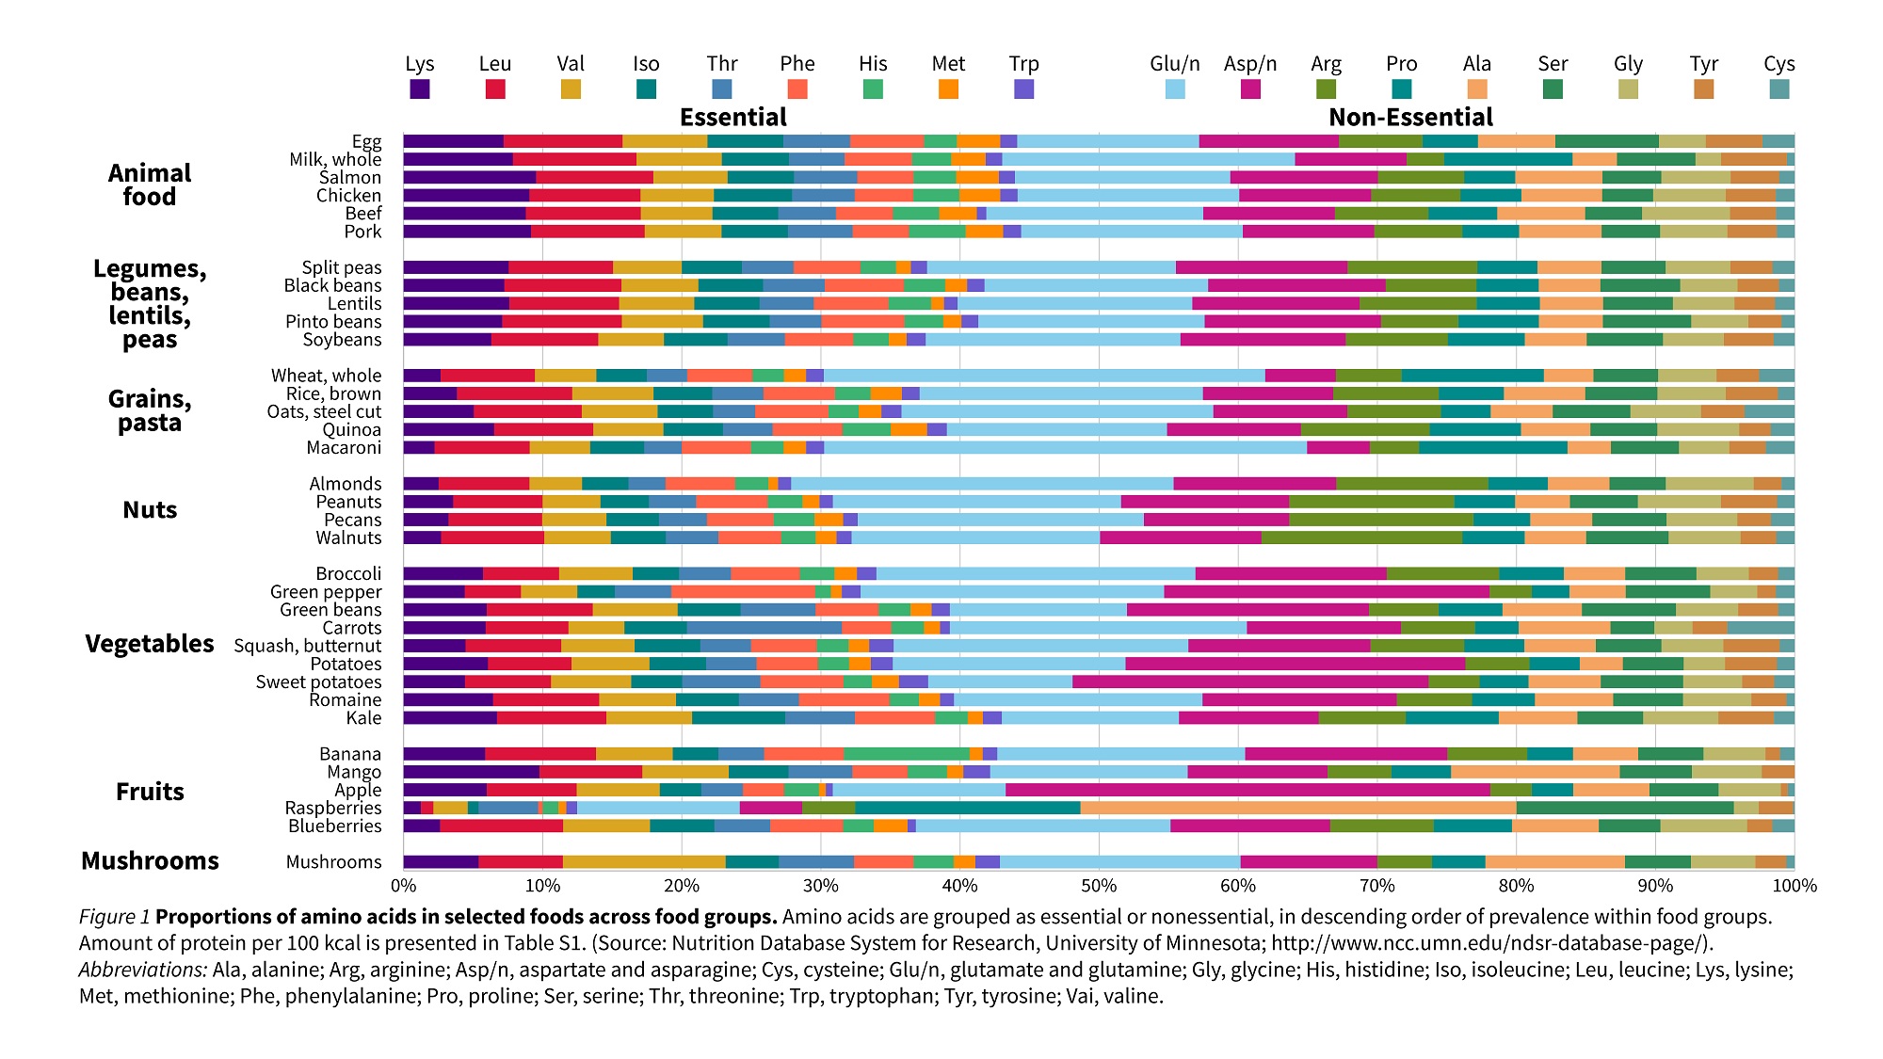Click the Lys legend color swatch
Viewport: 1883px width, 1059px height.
tap(420, 88)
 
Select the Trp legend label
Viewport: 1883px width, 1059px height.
tap(1023, 64)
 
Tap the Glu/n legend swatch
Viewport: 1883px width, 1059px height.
tap(1175, 88)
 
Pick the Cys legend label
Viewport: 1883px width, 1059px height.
tap(1778, 64)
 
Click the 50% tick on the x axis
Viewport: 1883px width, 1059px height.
tap(1099, 886)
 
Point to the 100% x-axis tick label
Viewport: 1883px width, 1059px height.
tap(1794, 886)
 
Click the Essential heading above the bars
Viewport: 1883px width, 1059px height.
tap(733, 118)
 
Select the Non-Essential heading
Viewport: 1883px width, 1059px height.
tap(1410, 118)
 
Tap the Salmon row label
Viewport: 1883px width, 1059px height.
tap(350, 178)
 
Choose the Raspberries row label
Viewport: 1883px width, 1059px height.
tap(333, 809)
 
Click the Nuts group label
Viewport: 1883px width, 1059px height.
tap(150, 510)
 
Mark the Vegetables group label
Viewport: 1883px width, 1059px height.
tap(150, 644)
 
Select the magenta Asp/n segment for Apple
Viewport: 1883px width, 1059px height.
tap(1247, 790)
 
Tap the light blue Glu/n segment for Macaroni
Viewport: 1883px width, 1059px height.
tap(1065, 447)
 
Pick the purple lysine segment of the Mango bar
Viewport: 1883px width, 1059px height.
tap(471, 772)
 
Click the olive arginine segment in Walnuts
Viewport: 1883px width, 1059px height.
tap(1361, 538)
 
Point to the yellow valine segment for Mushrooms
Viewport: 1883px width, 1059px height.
tap(644, 861)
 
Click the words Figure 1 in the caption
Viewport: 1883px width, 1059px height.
tap(115, 917)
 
